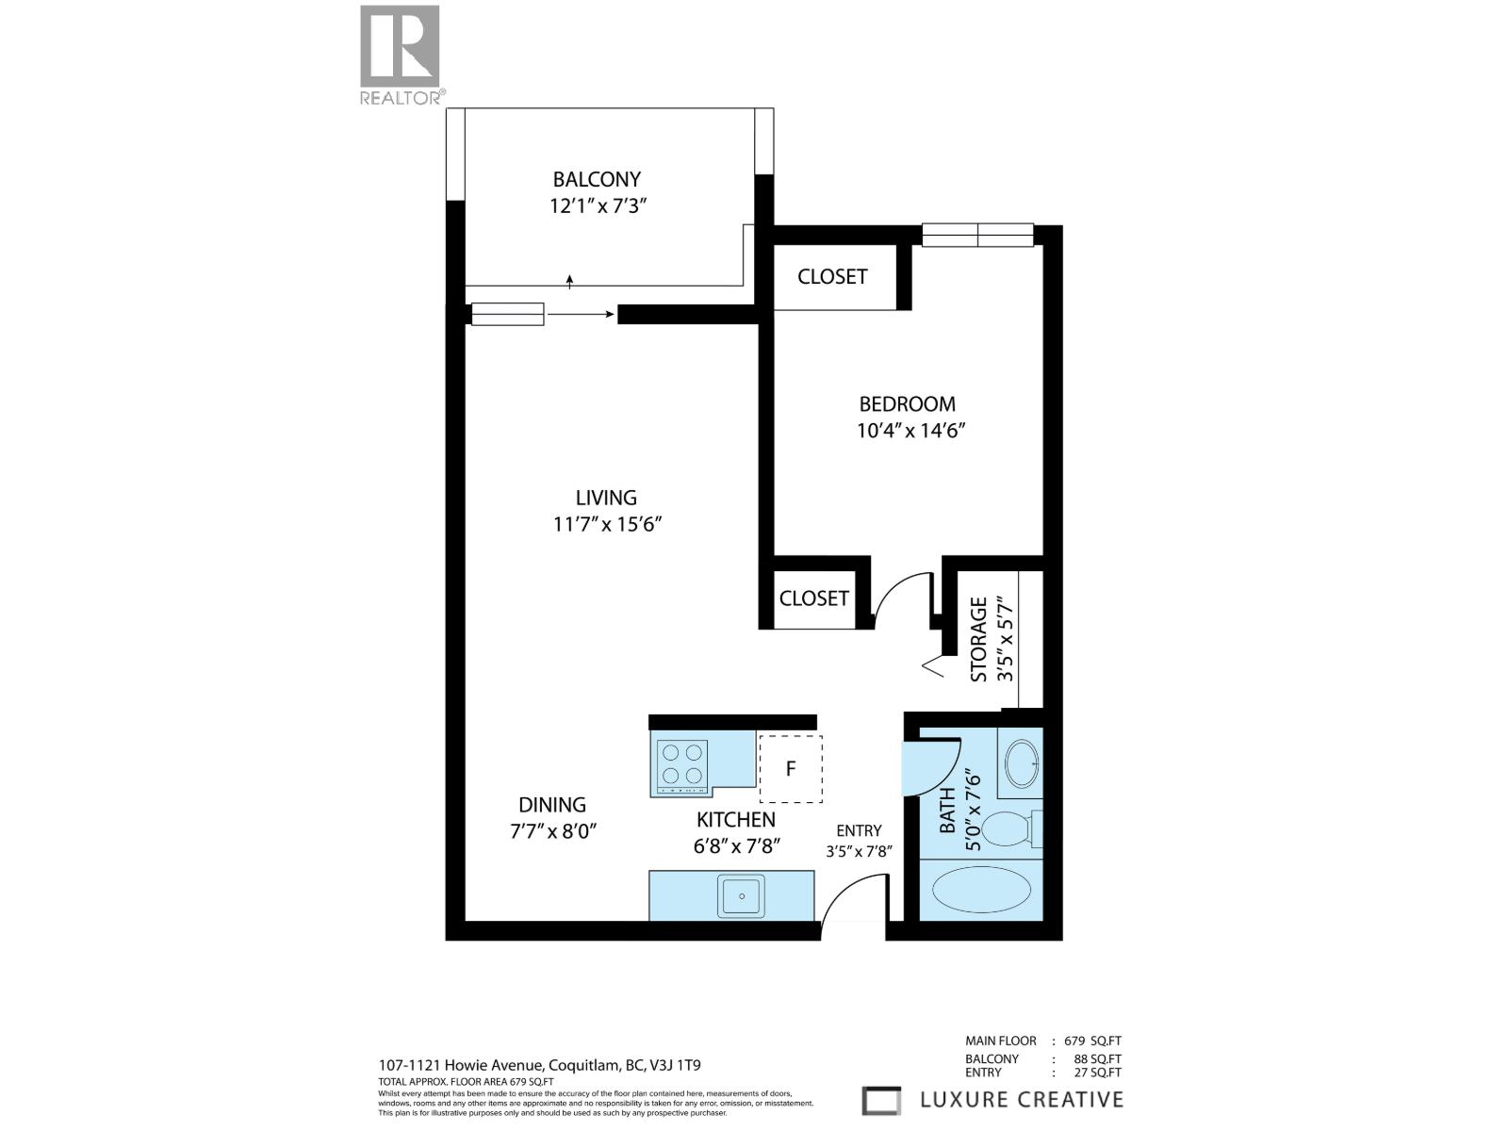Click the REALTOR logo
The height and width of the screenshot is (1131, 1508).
click(x=401, y=55)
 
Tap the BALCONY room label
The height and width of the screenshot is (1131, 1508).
click(x=597, y=179)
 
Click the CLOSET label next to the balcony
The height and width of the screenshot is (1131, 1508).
click(x=832, y=276)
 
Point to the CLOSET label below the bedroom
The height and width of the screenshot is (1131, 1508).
click(x=813, y=598)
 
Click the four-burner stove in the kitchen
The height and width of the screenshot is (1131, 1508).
click(x=682, y=763)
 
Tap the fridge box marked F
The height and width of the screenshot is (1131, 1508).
click(x=790, y=768)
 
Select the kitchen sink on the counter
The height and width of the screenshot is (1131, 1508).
click(x=741, y=895)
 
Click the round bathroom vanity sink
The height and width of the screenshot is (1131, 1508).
click(x=1022, y=762)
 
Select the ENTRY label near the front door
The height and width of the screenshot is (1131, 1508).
click(x=859, y=830)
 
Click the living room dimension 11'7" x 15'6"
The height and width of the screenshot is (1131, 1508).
click(x=608, y=524)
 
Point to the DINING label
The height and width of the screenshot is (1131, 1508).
click(x=552, y=805)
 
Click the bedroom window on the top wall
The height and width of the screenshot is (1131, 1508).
click(x=977, y=235)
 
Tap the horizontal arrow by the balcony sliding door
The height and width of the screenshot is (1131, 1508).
click(x=581, y=314)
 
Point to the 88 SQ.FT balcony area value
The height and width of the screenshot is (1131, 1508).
click(x=1090, y=1058)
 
